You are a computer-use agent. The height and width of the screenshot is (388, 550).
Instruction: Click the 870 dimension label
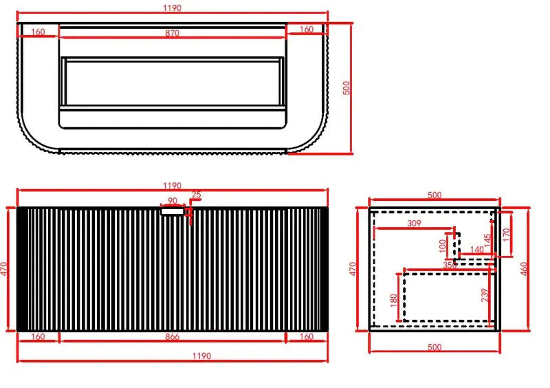(x=171, y=32)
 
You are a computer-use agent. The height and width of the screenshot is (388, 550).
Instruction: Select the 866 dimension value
(x=172, y=336)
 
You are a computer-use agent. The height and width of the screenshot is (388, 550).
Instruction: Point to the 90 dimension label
(x=172, y=202)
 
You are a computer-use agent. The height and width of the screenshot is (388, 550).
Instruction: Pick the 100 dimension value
(x=443, y=245)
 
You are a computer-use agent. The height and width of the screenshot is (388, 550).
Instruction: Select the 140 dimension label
(x=476, y=250)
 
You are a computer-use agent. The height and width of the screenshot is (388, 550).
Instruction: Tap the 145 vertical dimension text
(x=487, y=241)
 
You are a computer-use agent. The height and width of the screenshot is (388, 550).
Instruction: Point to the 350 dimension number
(x=449, y=265)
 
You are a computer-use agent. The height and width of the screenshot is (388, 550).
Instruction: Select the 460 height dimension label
(x=525, y=268)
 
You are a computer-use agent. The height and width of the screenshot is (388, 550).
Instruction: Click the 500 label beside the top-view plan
(x=347, y=88)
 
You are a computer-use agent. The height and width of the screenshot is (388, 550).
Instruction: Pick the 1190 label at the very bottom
(x=201, y=356)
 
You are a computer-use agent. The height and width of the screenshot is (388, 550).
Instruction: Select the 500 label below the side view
(x=434, y=348)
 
